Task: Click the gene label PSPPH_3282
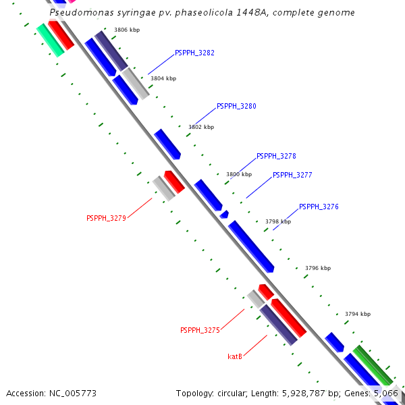pyautogui.click(x=194, y=53)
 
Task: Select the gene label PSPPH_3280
pyautogui.click(x=236, y=107)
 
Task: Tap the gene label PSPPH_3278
pyautogui.click(x=276, y=156)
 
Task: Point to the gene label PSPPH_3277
pyautogui.click(x=292, y=175)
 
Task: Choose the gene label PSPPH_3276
pyautogui.click(x=319, y=207)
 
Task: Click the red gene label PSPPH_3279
pyautogui.click(x=106, y=218)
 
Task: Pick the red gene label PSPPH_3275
pyautogui.click(x=200, y=330)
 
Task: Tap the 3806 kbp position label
pyautogui.click(x=127, y=30)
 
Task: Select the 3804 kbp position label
pyautogui.click(x=163, y=78)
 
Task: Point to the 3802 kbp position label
pyautogui.click(x=201, y=127)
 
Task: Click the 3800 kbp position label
pyautogui.click(x=239, y=174)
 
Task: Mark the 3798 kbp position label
pyautogui.click(x=278, y=221)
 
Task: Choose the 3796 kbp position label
pyautogui.click(x=318, y=268)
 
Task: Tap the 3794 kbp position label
pyautogui.click(x=358, y=314)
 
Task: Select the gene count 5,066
pyautogui.click(x=387, y=393)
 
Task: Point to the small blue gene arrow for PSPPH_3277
pyautogui.click(x=224, y=215)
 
